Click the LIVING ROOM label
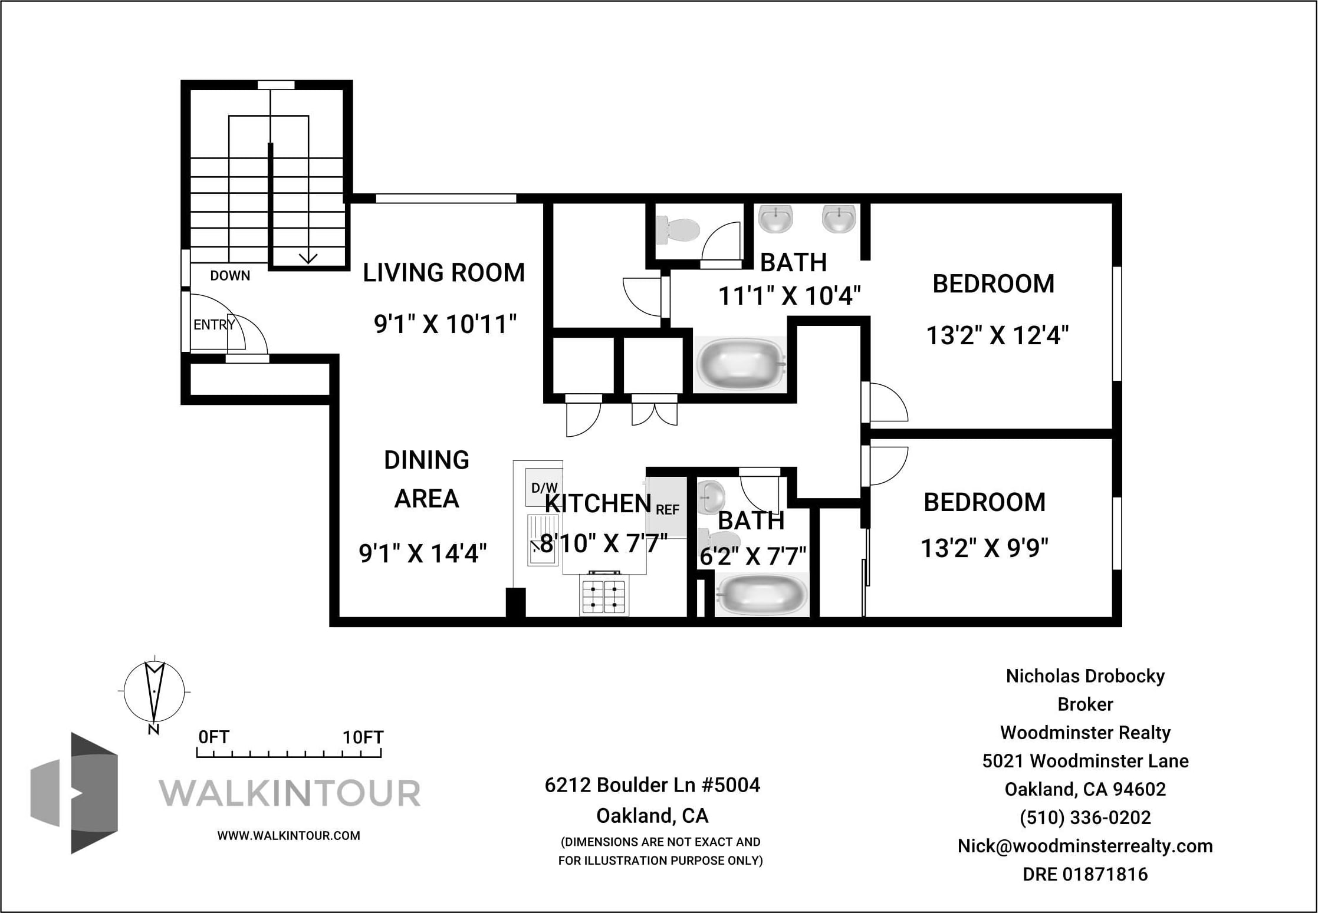pos(443,273)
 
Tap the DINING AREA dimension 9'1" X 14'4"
pos(423,553)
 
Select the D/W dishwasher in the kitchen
pos(544,487)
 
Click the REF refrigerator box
pos(667,507)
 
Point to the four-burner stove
pos(603,595)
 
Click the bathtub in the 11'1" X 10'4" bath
pos(741,364)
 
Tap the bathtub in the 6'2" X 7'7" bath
pos(761,595)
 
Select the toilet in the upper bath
pos(678,229)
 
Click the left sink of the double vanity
pos(775,218)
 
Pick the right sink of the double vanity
pos(839,218)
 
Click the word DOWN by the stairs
pos(230,275)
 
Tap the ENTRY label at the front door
pos(214,324)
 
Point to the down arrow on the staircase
pos(308,258)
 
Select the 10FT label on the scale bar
pos(363,737)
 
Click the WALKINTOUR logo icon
pos(74,793)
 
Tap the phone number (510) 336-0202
pos(1085,818)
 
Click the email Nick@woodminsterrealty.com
pos(1085,846)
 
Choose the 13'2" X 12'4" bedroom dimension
pos(997,335)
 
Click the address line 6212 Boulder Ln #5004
pos(652,785)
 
